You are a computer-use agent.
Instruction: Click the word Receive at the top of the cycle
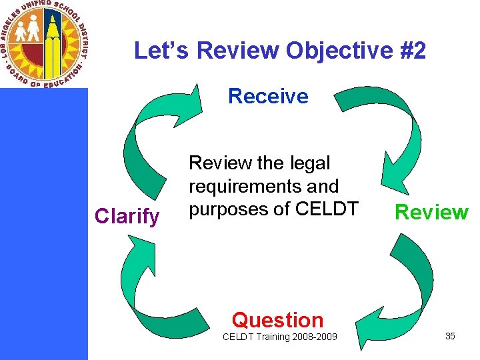pyautogui.click(x=268, y=97)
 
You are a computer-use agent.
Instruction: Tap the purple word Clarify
pyautogui.click(x=127, y=216)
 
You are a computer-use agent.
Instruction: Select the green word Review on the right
pyautogui.click(x=431, y=212)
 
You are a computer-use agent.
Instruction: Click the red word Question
pyautogui.click(x=277, y=320)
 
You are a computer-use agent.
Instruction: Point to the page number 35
pyautogui.click(x=450, y=336)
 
